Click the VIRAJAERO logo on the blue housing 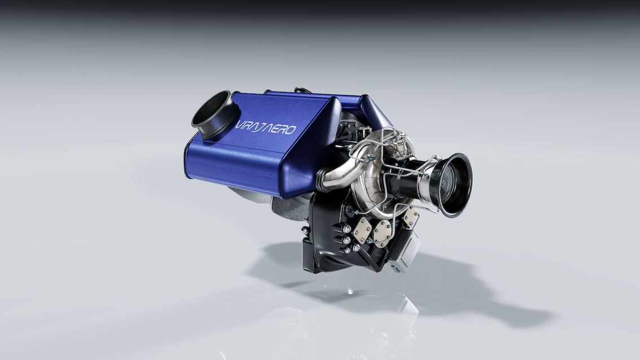(266, 128)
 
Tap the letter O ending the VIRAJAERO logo (290, 130)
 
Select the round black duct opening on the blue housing (214, 115)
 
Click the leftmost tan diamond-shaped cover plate (362, 230)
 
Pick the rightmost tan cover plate (411, 218)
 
